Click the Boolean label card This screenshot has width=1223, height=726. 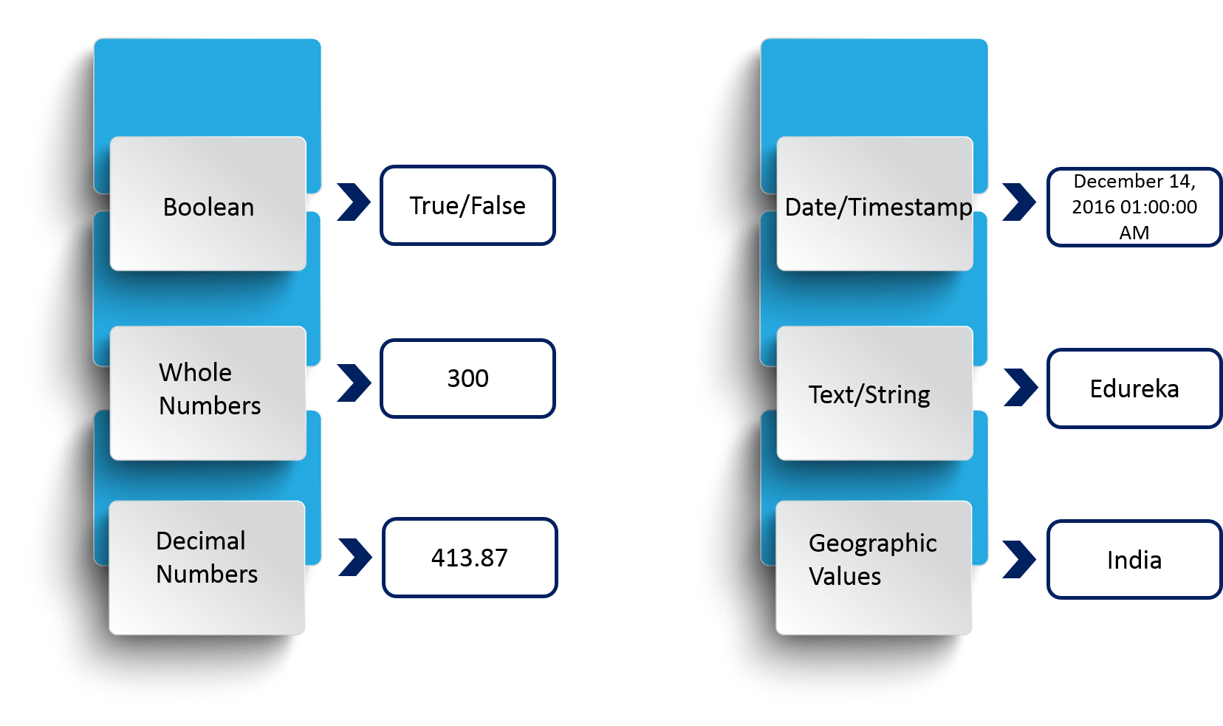pos(208,207)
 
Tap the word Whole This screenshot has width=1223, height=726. pos(195,372)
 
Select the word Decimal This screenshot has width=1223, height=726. pos(200,541)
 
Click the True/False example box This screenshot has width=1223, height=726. pos(467,205)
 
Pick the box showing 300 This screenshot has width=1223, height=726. pos(467,378)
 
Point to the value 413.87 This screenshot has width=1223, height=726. pos(470,558)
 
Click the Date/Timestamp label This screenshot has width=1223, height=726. pos(878,207)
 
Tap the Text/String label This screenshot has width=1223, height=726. pos(869,394)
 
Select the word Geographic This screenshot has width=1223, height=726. pos(872,543)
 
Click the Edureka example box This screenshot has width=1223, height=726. pos(1134,388)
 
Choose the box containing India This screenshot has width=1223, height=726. pos(1134,560)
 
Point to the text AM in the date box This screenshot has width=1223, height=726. pos(1134,233)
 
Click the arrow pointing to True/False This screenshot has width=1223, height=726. pos(354,202)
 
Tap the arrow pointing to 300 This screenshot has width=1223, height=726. pos(354,383)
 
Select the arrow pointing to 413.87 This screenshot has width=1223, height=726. pos(355,558)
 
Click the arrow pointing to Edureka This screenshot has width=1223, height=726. pos(1021,387)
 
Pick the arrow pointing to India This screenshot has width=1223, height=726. pos(1019,559)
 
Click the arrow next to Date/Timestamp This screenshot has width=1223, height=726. pos(1019,202)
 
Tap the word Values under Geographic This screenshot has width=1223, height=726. pos(845,576)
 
